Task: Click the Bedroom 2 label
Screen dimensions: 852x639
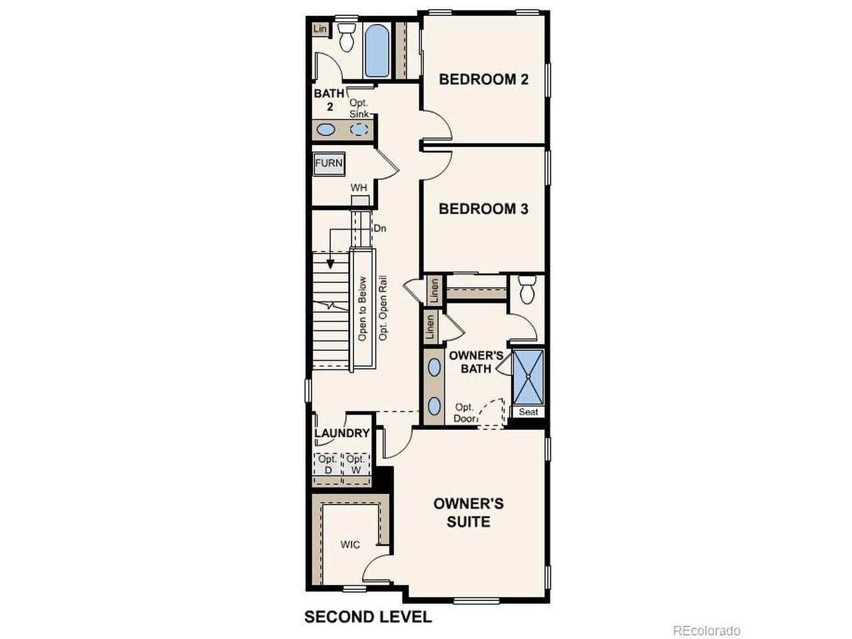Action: tap(483, 79)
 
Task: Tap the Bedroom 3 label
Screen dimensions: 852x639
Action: tap(483, 209)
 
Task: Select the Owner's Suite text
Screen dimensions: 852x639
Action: tap(469, 513)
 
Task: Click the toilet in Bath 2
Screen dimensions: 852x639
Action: tap(347, 37)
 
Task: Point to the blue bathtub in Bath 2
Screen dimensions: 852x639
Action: tap(377, 51)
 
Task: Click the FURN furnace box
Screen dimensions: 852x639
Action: tap(329, 163)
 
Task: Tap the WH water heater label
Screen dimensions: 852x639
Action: tap(359, 188)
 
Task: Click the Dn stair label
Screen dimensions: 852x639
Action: tap(380, 228)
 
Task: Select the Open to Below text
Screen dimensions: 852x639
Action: tap(362, 309)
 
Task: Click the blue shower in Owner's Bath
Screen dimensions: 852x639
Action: tap(528, 377)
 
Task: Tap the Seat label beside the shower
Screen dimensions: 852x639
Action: tap(529, 411)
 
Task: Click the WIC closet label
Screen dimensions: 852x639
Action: tap(350, 544)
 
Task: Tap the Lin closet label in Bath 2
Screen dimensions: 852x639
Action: tap(320, 29)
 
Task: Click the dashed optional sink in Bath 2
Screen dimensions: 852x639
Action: tap(359, 129)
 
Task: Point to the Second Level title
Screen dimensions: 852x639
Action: tap(368, 617)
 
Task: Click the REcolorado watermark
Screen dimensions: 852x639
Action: tap(707, 630)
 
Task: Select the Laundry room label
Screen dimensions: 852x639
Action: tap(342, 433)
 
